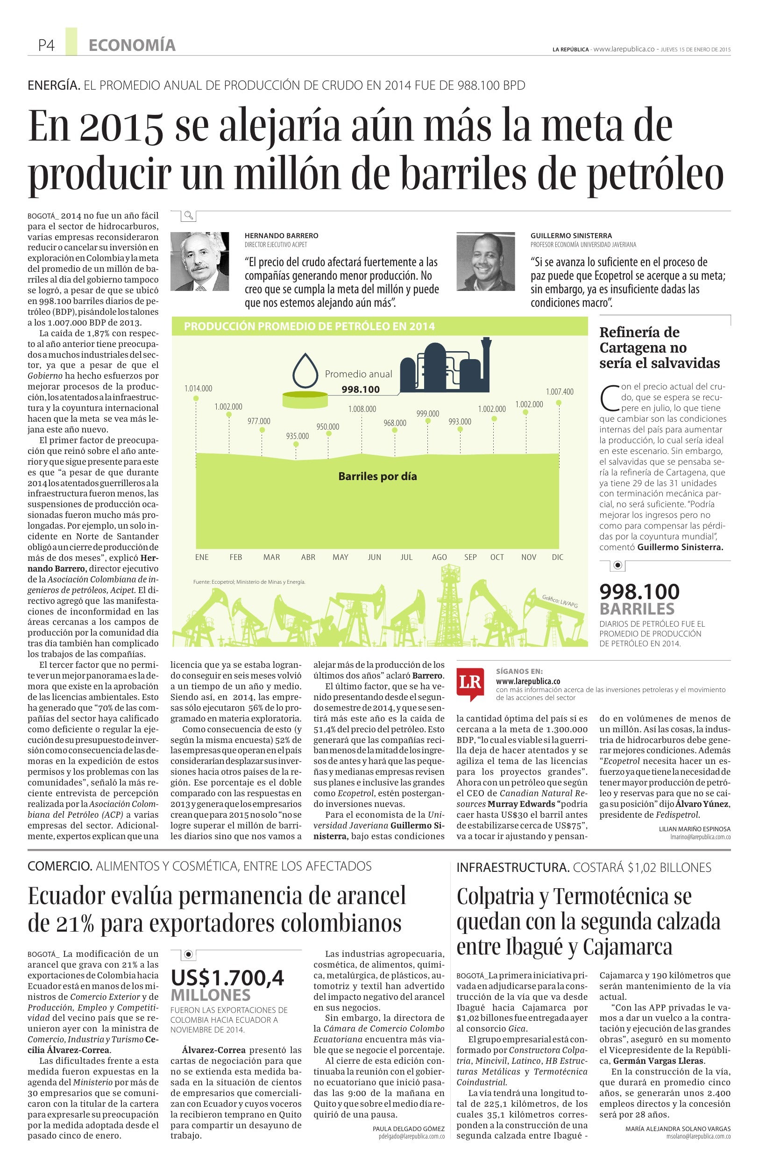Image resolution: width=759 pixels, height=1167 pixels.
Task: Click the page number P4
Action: pos(46,46)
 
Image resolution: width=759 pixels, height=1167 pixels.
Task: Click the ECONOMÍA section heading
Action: pos(132,46)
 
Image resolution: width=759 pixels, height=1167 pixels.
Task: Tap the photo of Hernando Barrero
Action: pos(199,261)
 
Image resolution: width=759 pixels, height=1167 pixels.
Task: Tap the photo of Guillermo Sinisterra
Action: pos(485,261)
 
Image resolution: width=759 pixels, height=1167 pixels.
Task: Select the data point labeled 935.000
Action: pos(296,444)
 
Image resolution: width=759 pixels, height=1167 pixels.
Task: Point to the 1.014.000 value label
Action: pos(198,389)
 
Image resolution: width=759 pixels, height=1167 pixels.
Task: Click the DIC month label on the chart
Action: pos(558,557)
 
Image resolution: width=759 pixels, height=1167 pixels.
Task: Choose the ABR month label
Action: pos(308,557)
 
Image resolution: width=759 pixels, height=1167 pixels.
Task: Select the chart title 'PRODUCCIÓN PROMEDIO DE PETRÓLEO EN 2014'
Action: pos(309,326)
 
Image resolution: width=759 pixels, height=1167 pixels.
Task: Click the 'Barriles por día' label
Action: pos(377,476)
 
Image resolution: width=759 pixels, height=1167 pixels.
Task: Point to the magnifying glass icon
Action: pos(188,215)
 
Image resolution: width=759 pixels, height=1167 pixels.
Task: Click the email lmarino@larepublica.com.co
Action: pos(700,838)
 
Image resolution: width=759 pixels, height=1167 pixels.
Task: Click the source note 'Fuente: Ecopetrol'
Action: pos(249,582)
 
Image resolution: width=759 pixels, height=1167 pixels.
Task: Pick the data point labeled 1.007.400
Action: pos(559,403)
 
